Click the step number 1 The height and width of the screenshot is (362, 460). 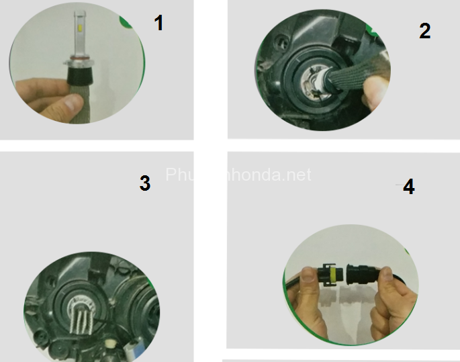coord(158,24)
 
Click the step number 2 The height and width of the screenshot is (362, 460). coord(424,31)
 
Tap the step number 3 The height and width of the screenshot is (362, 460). coord(144,183)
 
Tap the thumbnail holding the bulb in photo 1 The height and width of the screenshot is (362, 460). coord(66,102)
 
